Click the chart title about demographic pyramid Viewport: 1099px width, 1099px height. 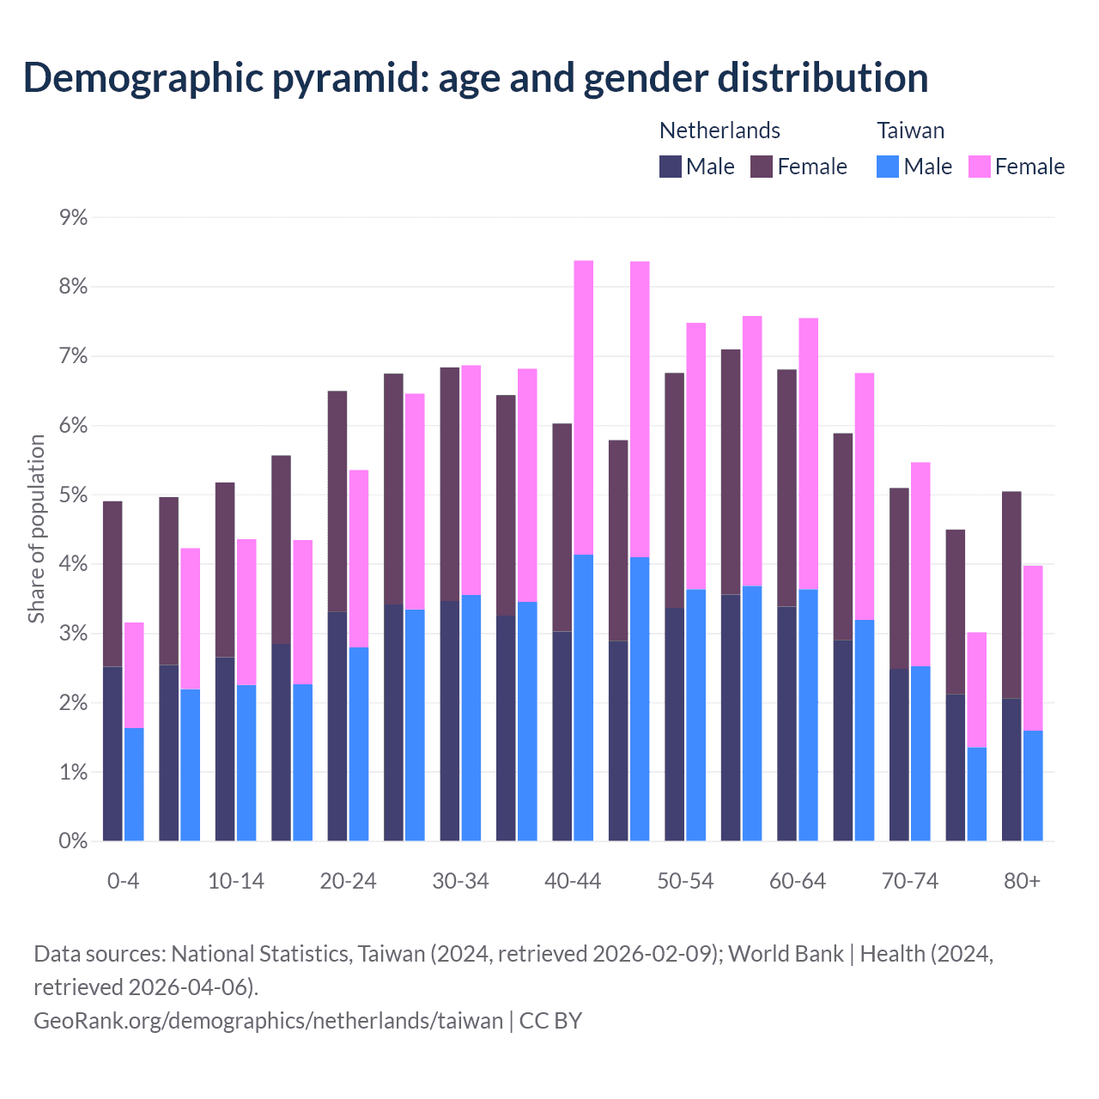coord(476,78)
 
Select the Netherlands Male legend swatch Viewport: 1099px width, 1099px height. coord(671,167)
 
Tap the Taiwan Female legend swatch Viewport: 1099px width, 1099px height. coord(980,167)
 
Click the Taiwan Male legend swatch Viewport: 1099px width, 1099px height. coord(888,167)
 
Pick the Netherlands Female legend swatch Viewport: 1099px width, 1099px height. coord(762,167)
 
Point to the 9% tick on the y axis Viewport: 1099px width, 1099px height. coord(74,217)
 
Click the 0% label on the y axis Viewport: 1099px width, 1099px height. coord(74,841)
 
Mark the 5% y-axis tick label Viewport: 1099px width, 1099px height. coord(74,495)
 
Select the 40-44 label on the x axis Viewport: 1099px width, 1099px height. coord(573,881)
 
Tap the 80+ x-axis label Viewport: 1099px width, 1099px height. coord(1022,881)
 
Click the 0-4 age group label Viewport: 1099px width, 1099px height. coord(123,881)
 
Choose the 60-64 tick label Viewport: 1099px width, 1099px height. coord(798,881)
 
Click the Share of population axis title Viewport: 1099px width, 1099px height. coord(36,529)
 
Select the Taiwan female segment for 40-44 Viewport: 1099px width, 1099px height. coord(584,408)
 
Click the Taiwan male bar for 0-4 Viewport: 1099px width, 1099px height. coord(134,784)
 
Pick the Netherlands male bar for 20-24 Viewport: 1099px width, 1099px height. coord(337,726)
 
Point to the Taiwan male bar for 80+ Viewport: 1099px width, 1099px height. coord(1033,786)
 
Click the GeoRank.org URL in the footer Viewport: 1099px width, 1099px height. coord(268,1021)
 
